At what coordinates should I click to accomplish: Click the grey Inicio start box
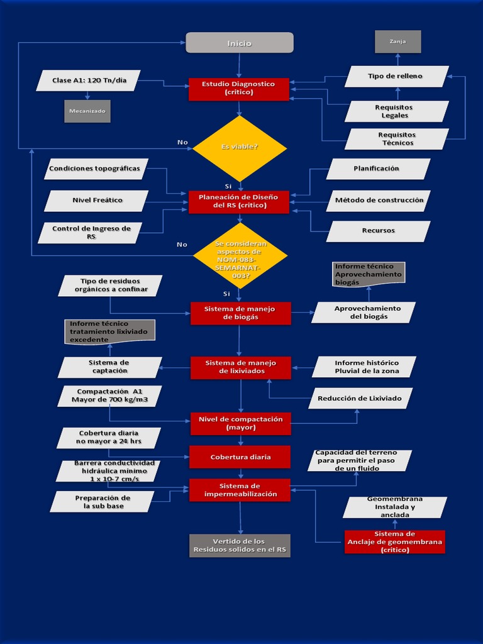[240, 43]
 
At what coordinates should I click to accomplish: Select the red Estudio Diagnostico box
[239, 89]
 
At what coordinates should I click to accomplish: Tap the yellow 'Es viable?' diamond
[240, 148]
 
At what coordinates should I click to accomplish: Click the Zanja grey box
[397, 42]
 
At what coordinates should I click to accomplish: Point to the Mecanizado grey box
[87, 111]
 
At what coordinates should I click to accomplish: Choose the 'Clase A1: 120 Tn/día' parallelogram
[89, 80]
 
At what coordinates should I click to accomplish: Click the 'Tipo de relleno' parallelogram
[396, 76]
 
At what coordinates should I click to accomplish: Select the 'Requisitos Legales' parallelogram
[396, 111]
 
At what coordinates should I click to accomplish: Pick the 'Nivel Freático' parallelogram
[97, 201]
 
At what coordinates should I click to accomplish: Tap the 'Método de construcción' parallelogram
[379, 201]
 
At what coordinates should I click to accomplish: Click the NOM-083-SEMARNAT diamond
[240, 255]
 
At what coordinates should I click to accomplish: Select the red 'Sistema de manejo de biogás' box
[240, 313]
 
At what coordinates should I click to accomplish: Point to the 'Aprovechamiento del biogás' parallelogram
[364, 313]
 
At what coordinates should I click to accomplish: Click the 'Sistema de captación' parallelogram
[109, 367]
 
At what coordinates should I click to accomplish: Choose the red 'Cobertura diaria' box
[240, 457]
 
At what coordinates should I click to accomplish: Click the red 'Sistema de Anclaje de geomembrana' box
[395, 541]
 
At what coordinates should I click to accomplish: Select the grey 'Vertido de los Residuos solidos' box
[240, 545]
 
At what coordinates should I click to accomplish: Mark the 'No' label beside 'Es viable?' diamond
[182, 142]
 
